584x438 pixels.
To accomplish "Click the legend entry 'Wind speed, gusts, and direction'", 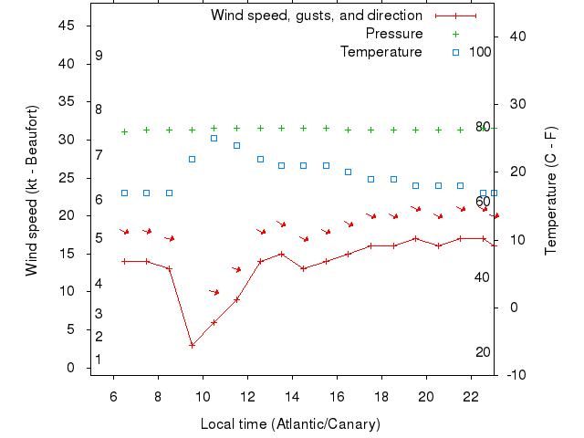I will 316,16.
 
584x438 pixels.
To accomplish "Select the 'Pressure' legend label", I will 394,34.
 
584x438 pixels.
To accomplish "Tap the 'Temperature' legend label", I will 381,51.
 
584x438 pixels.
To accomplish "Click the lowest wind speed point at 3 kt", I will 192,345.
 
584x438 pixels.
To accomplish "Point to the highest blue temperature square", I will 214,138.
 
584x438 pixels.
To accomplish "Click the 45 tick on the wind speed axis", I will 67,26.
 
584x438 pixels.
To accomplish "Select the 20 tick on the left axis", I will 67,215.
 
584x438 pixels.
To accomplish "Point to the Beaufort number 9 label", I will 99,56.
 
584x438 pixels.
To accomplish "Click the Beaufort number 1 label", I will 99,360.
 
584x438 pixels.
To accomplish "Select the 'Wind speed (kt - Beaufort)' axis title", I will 32,191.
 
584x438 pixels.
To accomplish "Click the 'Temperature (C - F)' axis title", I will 550,191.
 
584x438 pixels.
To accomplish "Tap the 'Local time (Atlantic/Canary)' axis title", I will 291,424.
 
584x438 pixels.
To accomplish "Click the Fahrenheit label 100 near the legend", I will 480,51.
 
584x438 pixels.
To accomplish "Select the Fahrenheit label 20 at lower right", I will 484,352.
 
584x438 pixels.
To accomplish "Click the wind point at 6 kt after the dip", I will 214,322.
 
